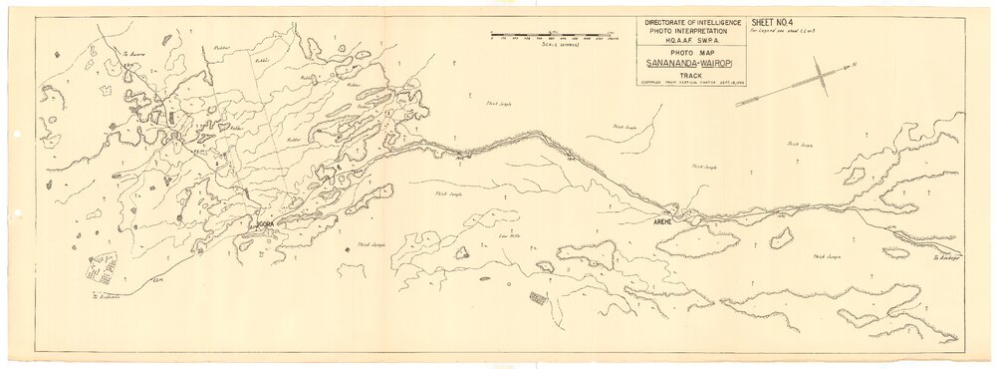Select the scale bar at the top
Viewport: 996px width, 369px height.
(555, 35)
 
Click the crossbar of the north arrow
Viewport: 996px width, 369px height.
(820, 75)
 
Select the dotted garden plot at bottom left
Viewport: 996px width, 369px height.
(102, 268)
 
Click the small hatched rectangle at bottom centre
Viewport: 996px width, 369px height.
(539, 297)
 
